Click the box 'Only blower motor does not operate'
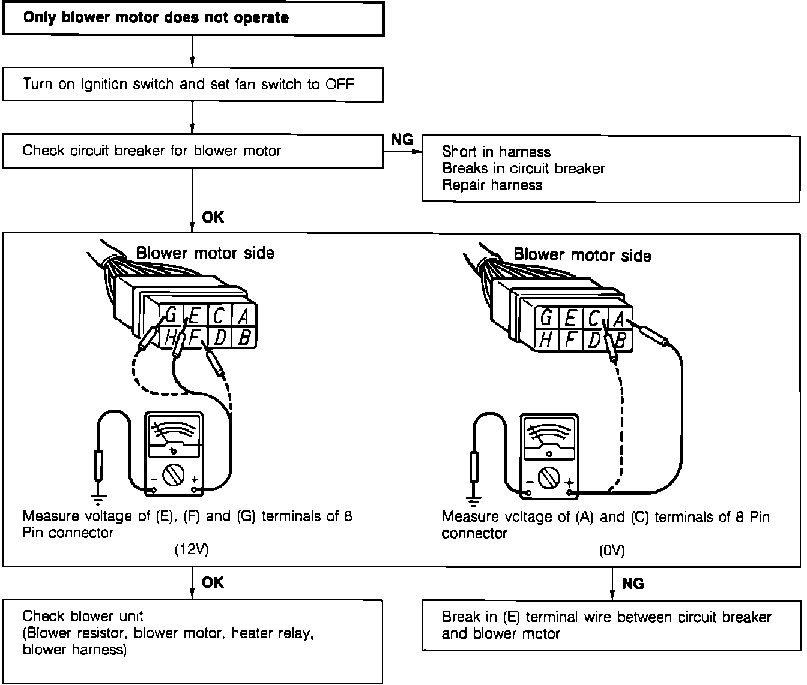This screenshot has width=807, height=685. (193, 18)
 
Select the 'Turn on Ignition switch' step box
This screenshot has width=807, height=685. (193, 84)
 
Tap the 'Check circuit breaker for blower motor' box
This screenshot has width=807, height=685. (193, 151)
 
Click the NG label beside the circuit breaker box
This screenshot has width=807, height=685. (402, 139)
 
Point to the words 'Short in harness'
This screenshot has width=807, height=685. (496, 151)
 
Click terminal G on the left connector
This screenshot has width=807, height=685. (171, 314)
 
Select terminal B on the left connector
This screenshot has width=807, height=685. (244, 337)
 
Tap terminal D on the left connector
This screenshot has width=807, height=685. (220, 337)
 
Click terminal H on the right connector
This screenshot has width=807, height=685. (546, 340)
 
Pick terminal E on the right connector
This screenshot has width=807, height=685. (570, 317)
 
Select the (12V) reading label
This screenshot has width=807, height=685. (192, 549)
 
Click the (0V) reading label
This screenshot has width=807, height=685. (612, 551)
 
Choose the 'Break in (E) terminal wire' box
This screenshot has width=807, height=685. (611, 625)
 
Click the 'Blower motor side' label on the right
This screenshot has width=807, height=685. (582, 256)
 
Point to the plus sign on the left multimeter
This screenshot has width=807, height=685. (194, 480)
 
